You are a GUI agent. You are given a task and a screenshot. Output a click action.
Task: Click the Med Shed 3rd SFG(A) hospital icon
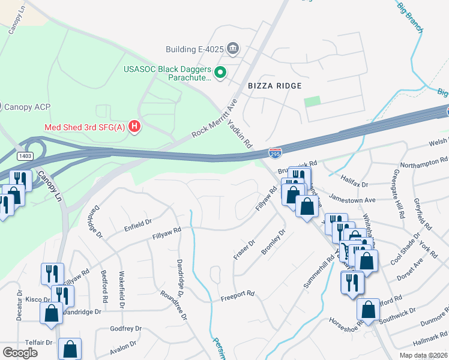pyautogui.click(x=135, y=127)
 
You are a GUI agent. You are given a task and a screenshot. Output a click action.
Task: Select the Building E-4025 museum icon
pyautogui.click(x=233, y=49)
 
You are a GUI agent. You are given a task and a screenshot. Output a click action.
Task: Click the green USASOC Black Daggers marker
pyautogui.click(x=220, y=73)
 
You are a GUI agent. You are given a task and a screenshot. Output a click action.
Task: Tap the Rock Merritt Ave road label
pyautogui.click(x=214, y=119)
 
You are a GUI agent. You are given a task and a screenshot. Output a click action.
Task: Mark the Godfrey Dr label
pyautogui.click(x=125, y=329)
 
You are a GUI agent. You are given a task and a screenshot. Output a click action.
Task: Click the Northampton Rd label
pyautogui.click(x=424, y=161)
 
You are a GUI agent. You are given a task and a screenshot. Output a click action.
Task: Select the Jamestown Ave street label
pyautogui.click(x=354, y=200)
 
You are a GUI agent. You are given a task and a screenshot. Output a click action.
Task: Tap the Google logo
pyautogui.click(x=20, y=353)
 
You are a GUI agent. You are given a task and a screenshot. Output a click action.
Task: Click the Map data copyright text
pyautogui.click(x=424, y=355)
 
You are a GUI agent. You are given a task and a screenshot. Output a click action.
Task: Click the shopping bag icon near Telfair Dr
pyautogui.click(x=70, y=349)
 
